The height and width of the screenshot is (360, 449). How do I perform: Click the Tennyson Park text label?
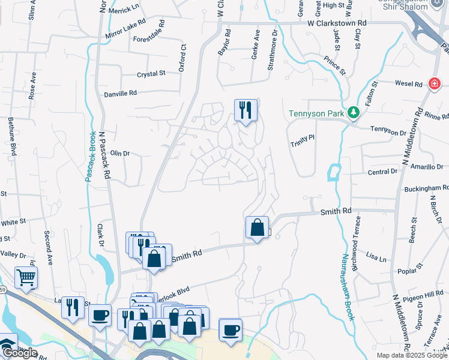(316, 113)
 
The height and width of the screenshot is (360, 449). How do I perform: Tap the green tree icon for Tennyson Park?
(354, 112)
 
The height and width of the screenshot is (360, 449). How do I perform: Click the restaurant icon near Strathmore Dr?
(246, 110)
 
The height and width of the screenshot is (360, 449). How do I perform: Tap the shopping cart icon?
(26, 277)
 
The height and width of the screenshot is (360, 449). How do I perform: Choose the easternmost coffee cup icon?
(231, 329)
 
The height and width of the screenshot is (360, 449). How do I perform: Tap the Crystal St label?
(151, 74)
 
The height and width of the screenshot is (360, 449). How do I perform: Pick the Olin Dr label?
(119, 154)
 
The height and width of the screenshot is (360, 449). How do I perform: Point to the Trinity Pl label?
(303, 137)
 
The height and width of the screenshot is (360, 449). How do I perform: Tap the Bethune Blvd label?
(11, 136)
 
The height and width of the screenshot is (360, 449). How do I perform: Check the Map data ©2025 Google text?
(412, 355)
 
